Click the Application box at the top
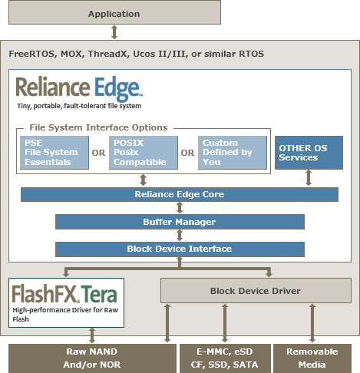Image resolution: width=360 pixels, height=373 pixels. [x=114, y=12]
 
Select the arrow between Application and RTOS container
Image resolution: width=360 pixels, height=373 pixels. [x=114, y=32]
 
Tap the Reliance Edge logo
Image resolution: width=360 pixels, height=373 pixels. [x=79, y=89]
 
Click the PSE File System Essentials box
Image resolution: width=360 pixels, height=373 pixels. [x=54, y=153]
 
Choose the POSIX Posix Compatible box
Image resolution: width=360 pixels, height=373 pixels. [x=144, y=153]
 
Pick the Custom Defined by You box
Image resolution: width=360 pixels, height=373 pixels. [x=233, y=153]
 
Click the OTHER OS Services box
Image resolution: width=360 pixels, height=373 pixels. [x=309, y=153]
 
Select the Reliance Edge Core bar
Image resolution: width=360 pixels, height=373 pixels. [x=180, y=194]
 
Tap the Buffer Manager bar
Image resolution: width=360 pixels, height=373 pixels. [x=180, y=222]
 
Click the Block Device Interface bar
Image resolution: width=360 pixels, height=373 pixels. [x=180, y=249]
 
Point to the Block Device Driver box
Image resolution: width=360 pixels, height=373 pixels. [x=256, y=291]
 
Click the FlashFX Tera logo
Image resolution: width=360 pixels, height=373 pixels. [x=64, y=294]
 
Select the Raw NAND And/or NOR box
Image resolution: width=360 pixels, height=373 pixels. [x=92, y=358]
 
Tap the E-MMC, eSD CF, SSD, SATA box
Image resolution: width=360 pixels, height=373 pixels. [x=225, y=358]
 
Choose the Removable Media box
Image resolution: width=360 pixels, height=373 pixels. [x=312, y=358]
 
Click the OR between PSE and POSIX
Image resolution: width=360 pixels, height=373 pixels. [x=98, y=153]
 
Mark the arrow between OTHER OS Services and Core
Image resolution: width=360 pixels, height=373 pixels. [x=309, y=178]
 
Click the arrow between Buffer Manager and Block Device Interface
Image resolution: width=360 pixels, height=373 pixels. [x=180, y=236]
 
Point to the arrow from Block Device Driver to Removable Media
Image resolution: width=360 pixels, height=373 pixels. [x=312, y=323]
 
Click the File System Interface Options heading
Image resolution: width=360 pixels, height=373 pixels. [x=98, y=127]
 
